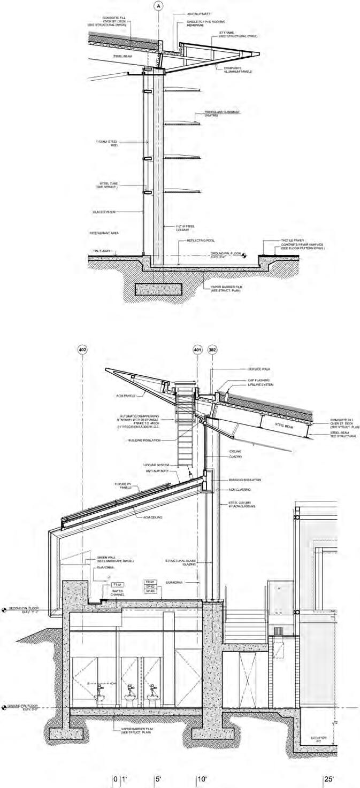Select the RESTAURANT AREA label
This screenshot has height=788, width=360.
[104, 234]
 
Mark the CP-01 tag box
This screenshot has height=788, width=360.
[150, 581]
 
